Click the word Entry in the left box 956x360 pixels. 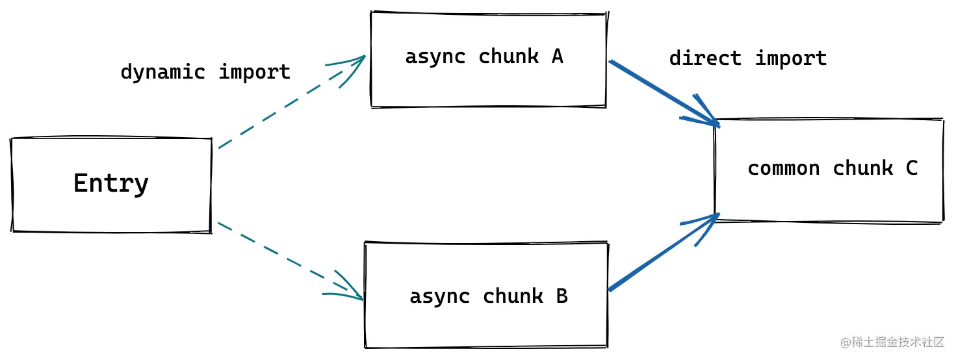(111, 183)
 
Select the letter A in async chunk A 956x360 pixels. (557, 57)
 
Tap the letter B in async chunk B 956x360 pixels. (562, 296)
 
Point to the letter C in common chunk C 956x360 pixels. (911, 168)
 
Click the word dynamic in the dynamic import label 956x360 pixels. (162, 71)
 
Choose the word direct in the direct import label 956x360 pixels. (705, 58)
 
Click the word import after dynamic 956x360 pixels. (254, 71)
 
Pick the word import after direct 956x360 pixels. (791, 58)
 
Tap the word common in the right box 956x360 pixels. (783, 169)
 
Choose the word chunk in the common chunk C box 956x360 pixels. (863, 168)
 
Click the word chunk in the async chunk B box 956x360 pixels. (513, 296)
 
